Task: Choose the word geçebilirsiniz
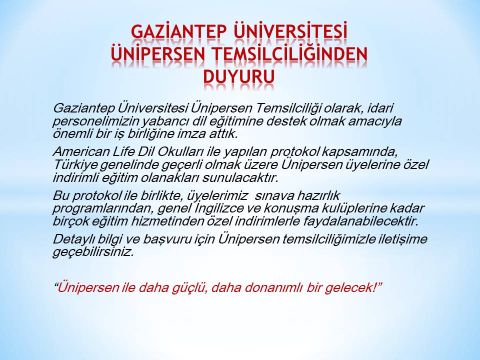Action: click(93, 252)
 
